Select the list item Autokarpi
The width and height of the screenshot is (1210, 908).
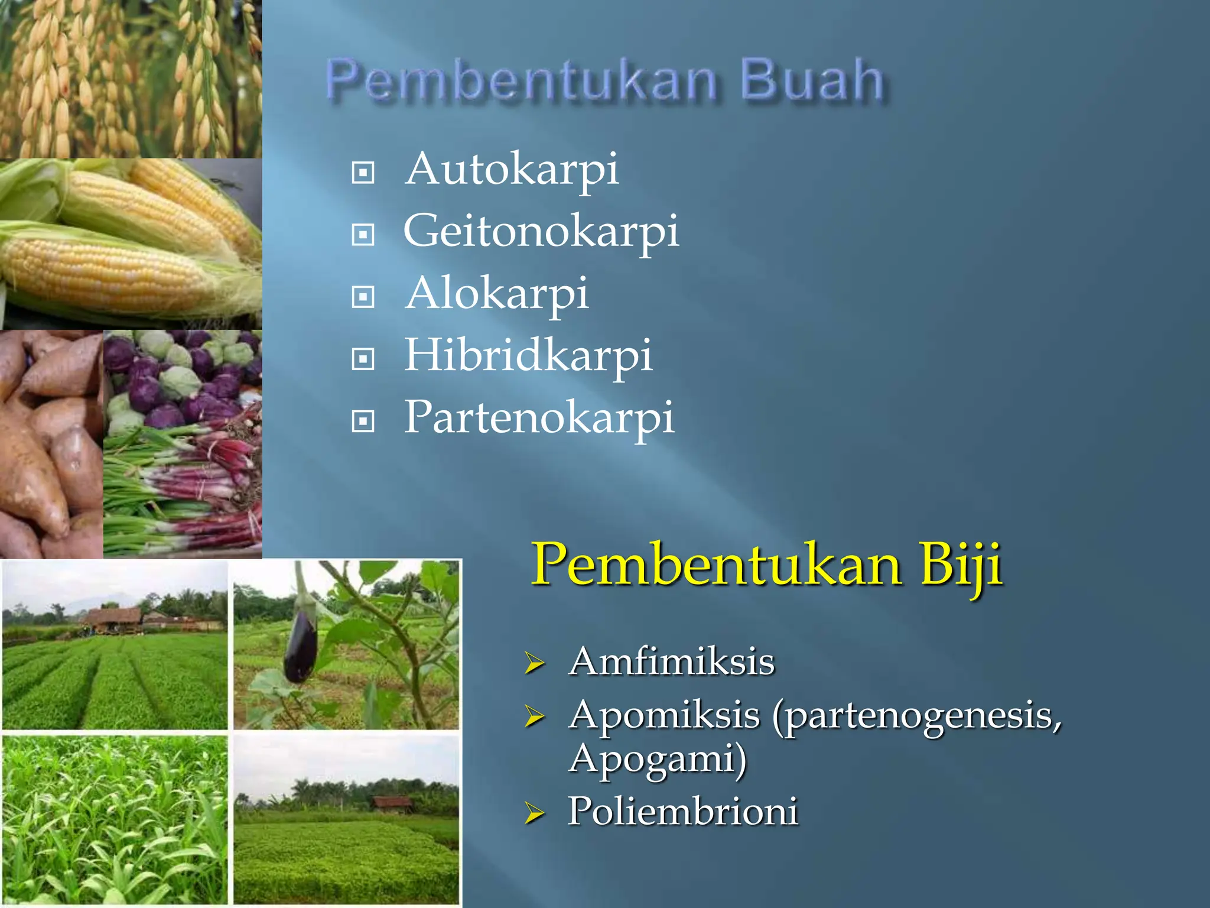click(x=512, y=169)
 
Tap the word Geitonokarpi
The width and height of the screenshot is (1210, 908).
click(x=541, y=231)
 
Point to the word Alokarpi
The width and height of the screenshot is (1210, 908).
click(x=497, y=293)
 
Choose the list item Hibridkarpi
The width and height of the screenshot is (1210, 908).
click(x=528, y=355)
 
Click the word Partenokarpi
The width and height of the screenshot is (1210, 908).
click(x=539, y=417)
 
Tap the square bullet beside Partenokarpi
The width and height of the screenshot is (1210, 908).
click(x=363, y=421)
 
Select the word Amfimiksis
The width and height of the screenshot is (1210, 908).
click(x=672, y=661)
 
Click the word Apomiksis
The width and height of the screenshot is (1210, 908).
click(x=665, y=715)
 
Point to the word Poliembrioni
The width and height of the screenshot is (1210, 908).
click(x=683, y=811)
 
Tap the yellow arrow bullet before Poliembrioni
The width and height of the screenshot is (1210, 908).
click(x=534, y=814)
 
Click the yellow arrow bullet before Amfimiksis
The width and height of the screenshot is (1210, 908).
click(x=534, y=664)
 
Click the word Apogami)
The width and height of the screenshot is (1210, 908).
click(x=658, y=759)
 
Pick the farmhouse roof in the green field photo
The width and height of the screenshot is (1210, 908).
click(x=112, y=617)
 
